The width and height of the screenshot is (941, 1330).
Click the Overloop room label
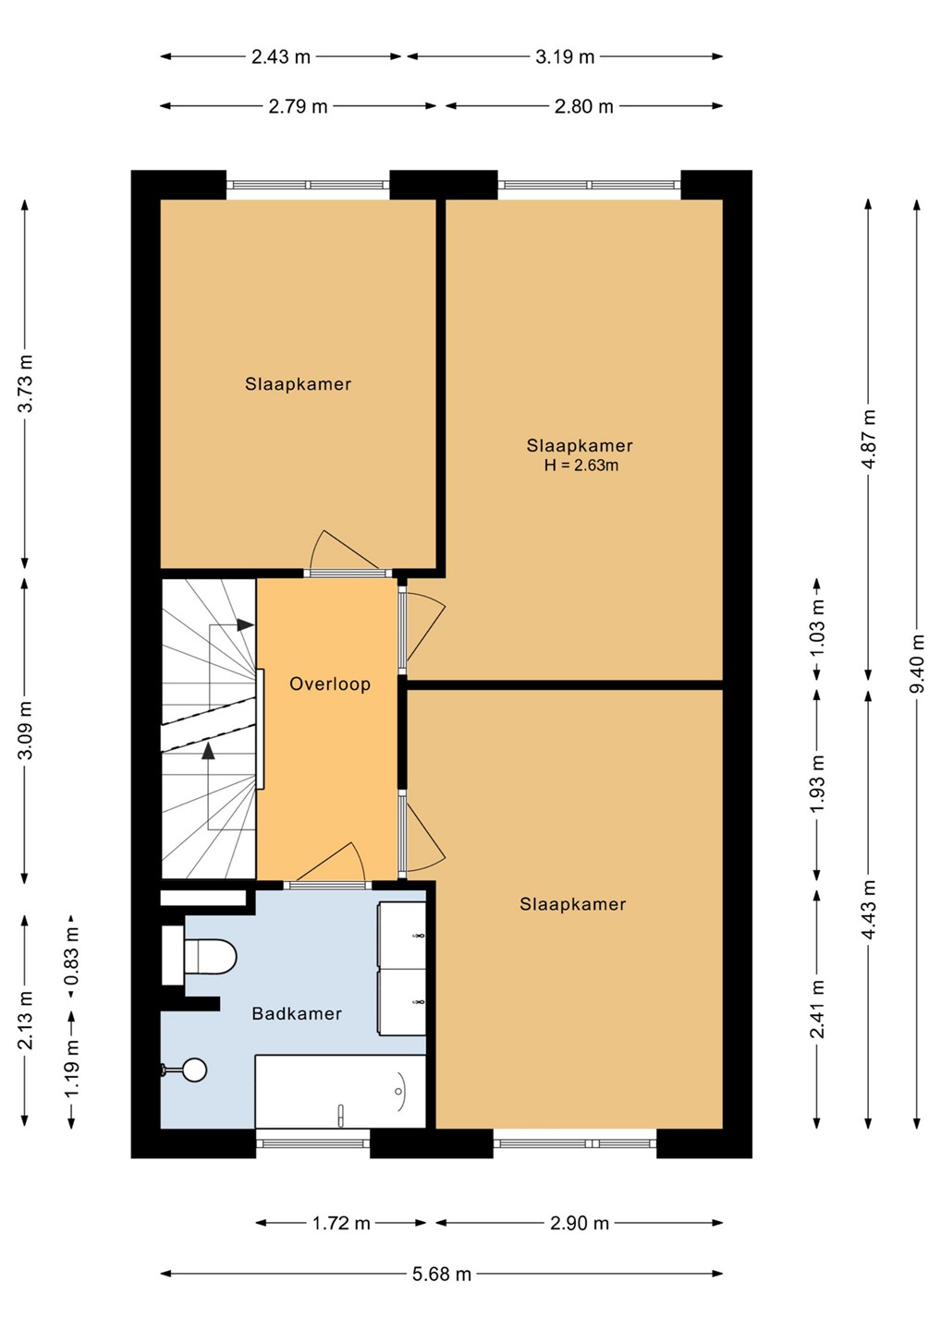click(330, 684)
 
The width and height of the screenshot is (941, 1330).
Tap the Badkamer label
click(297, 1013)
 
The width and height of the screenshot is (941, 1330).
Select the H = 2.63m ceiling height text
click(580, 465)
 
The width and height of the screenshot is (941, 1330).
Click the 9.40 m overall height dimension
click(917, 663)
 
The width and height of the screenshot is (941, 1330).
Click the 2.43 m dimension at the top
click(281, 56)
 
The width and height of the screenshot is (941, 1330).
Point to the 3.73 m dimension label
click(25, 383)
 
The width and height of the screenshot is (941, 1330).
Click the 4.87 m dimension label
click(869, 440)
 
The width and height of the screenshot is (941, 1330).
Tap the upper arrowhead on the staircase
click(245, 624)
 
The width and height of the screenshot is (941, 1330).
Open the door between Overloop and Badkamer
click(330, 864)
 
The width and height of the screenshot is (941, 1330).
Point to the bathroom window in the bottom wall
click(313, 1143)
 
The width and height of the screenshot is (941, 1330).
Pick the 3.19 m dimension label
click(565, 56)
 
